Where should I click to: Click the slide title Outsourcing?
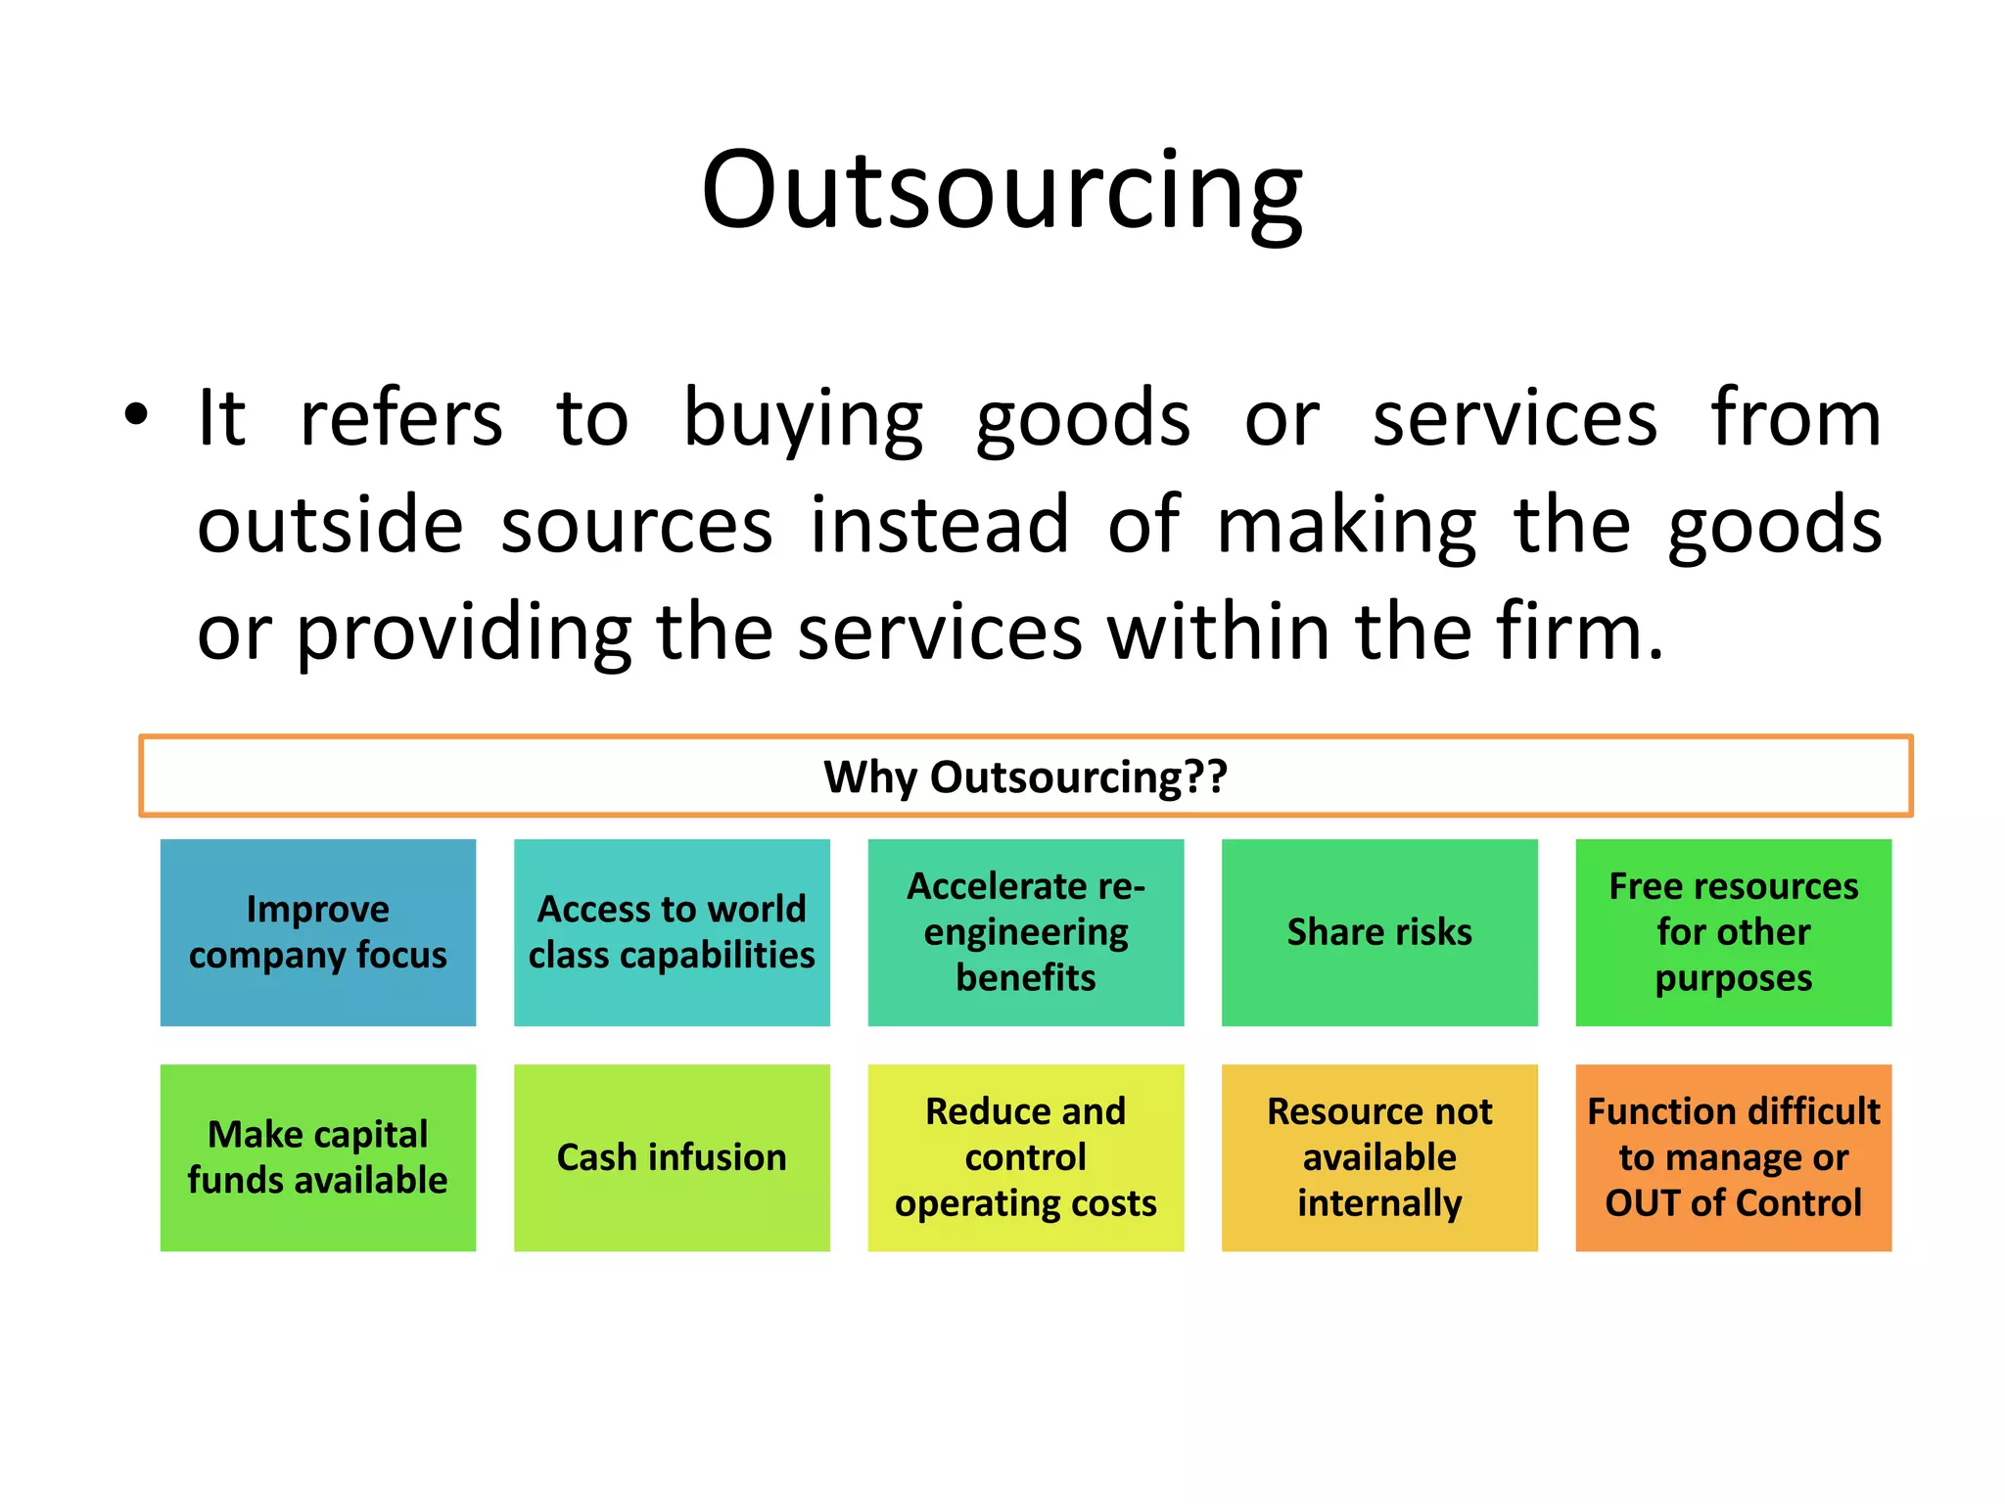tap(1002, 190)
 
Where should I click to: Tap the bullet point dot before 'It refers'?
tap(136, 414)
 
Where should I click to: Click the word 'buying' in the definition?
tap(802, 419)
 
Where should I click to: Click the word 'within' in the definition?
tap(1219, 632)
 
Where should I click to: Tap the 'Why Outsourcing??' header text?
tap(1025, 776)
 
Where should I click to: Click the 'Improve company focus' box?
tap(318, 932)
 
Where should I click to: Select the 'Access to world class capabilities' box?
tap(672, 932)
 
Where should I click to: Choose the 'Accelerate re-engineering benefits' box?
tap(1025, 932)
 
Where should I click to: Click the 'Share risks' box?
tap(1379, 932)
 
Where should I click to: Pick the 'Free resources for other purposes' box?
tap(1733, 932)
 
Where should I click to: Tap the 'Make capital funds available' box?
tap(318, 1157)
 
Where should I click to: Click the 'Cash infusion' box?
tap(672, 1157)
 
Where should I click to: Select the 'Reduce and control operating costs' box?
tap(1025, 1157)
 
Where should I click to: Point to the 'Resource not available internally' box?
tap(1379, 1157)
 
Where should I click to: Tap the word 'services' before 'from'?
tap(1515, 419)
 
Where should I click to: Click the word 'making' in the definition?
tap(1346, 527)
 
